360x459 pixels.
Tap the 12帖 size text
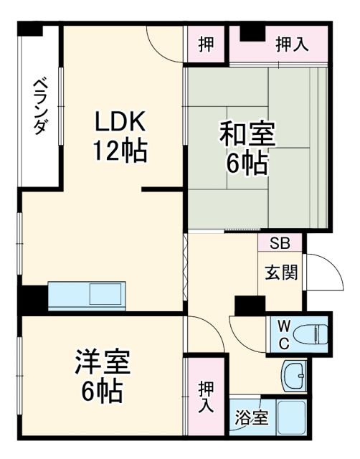coord(119,151)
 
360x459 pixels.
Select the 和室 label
coord(245,134)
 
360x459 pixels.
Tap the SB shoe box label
coord(280,243)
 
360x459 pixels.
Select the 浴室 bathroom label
coord(251,417)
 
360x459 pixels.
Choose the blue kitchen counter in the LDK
coord(87,295)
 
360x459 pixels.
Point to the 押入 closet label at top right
coord(292,44)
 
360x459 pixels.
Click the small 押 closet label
coord(206,44)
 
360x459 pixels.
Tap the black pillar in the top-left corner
coord(31,29)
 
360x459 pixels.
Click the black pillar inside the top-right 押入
coord(251,32)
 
